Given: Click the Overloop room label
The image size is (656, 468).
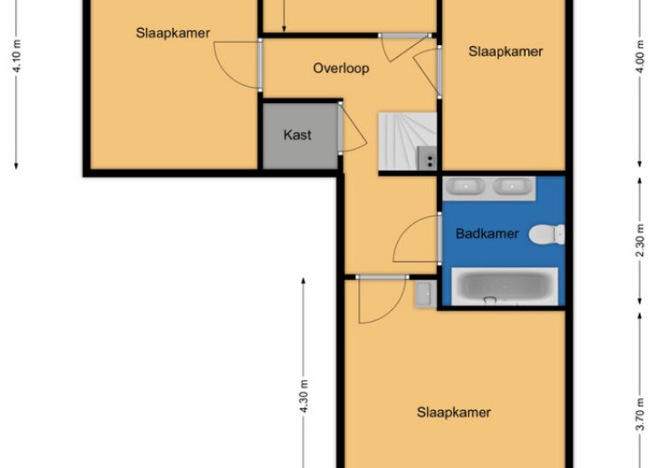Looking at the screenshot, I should tap(341, 68).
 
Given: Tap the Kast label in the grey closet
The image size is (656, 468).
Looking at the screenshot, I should tap(297, 134).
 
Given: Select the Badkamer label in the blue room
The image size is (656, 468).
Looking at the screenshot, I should tap(486, 234).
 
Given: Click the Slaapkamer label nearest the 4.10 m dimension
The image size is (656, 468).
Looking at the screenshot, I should tap(173, 33).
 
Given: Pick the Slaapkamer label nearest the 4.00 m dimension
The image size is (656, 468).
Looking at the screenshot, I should tap(505, 51).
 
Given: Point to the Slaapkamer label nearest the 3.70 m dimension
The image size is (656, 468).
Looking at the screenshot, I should tap(453, 413).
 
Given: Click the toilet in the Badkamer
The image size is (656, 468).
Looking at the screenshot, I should tap(547, 233).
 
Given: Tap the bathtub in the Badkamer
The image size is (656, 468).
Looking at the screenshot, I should tap(504, 286).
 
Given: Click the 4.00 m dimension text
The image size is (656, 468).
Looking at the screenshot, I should tap(640, 57).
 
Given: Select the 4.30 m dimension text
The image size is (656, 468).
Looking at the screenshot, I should tap(303, 396).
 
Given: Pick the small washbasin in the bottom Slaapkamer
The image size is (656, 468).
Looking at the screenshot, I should tap(423, 294).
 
